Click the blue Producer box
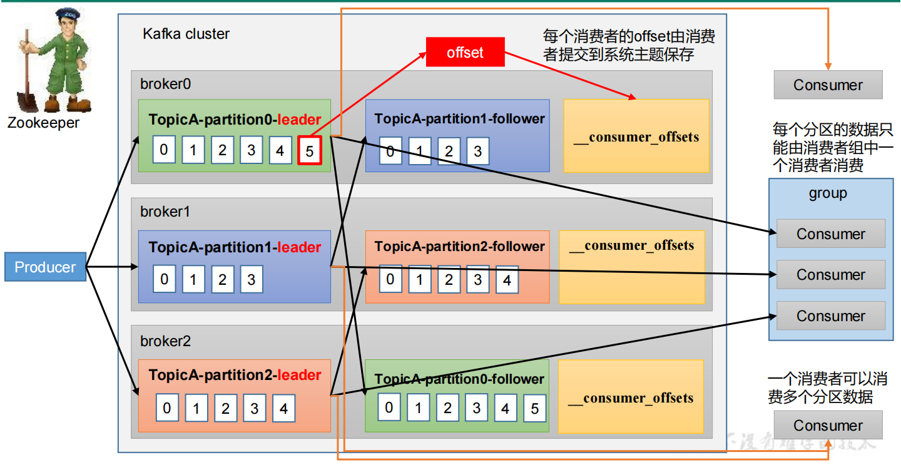pos(45,267)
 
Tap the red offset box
pos(465,53)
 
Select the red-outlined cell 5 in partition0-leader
pos(310,151)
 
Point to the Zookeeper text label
pos(43,123)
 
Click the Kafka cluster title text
pos(186,34)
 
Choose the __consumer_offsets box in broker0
pos(636,136)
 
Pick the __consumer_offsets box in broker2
pos(631,397)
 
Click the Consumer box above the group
pos(828,85)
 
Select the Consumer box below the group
pos(828,426)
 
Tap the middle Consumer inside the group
pos(830,275)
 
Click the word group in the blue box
pos(828,193)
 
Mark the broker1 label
pos(165,212)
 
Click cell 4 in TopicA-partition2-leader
pos(283,409)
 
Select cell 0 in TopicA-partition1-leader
pos(165,279)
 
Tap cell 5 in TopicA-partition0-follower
pos(534,409)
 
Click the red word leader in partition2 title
pos(299,375)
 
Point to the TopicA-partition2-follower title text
pos(459,247)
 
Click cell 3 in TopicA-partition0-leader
pos(251,150)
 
